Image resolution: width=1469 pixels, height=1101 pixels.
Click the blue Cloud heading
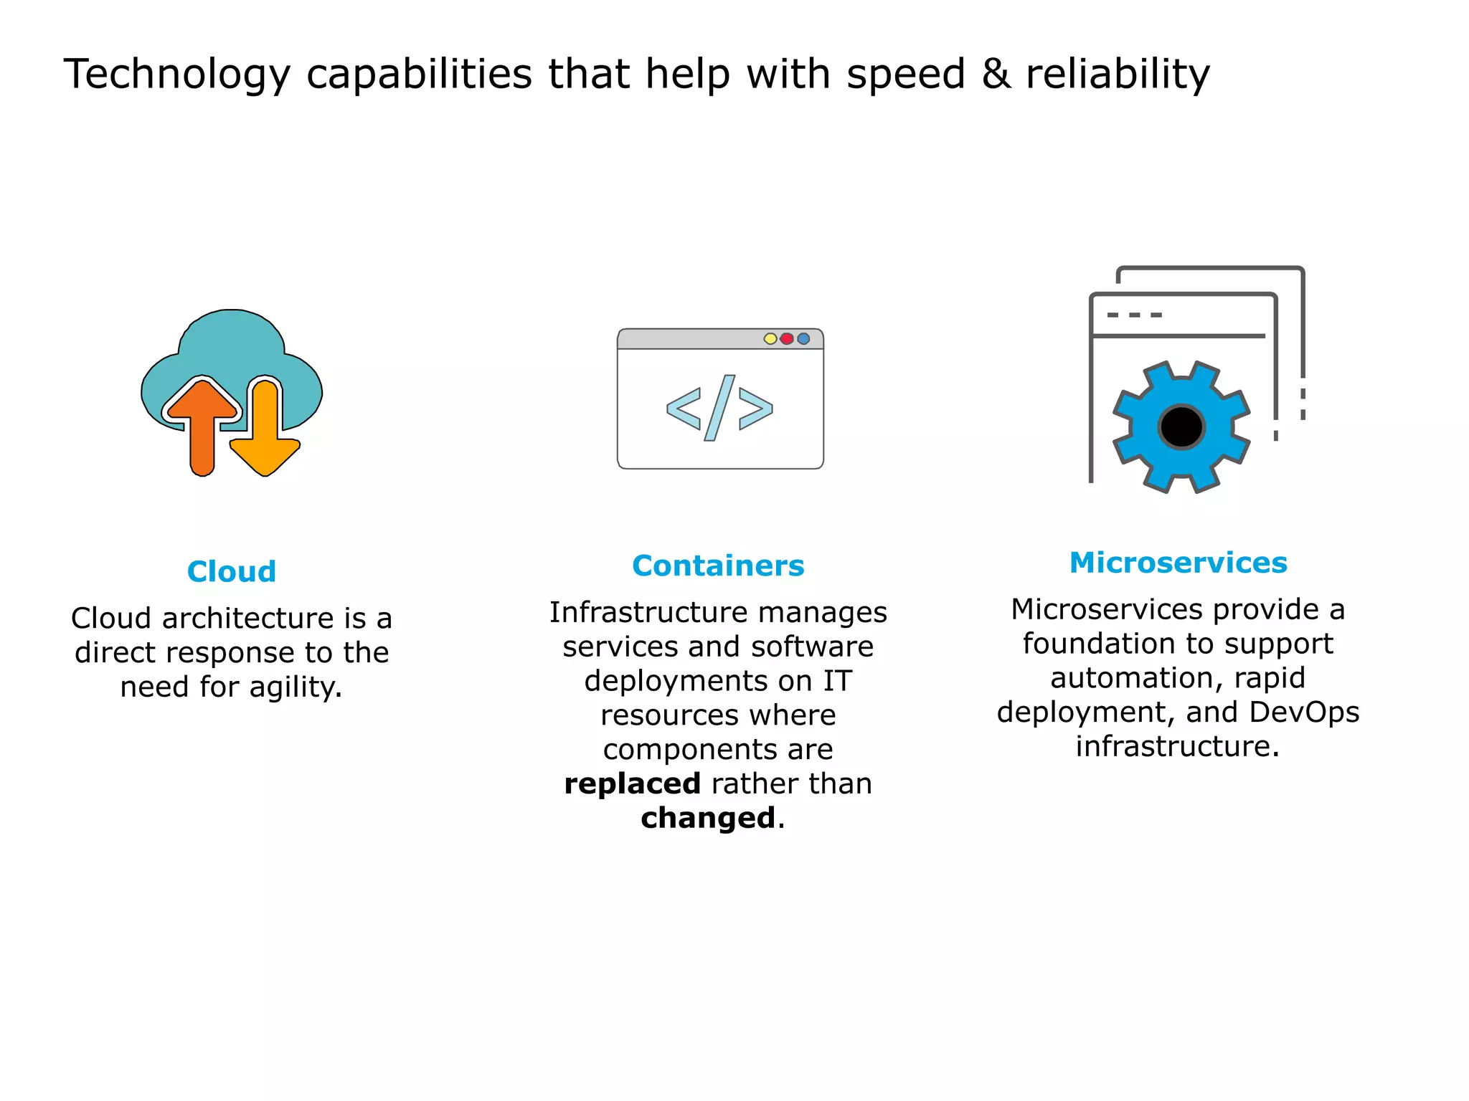[x=231, y=571]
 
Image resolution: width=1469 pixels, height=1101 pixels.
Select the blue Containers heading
[x=718, y=566]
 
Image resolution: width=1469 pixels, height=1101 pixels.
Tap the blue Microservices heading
[x=1178, y=563]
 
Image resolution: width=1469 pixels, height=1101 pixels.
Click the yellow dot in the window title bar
[x=770, y=338]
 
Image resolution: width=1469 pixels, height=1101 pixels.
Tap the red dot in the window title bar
[x=787, y=338]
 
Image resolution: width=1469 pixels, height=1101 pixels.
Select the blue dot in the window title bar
[x=803, y=338]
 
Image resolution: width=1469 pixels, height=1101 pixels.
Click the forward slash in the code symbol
[x=719, y=408]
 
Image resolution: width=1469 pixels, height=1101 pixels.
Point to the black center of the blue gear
[x=1181, y=427]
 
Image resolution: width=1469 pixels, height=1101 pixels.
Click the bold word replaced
[x=632, y=783]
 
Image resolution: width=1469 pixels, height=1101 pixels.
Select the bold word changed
[x=708, y=818]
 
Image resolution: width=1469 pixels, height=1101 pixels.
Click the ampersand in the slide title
[x=996, y=73]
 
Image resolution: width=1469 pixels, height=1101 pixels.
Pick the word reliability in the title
[x=1118, y=75]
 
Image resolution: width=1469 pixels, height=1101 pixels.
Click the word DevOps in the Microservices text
[x=1303, y=712]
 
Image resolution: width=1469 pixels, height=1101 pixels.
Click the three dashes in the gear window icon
[x=1134, y=315]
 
